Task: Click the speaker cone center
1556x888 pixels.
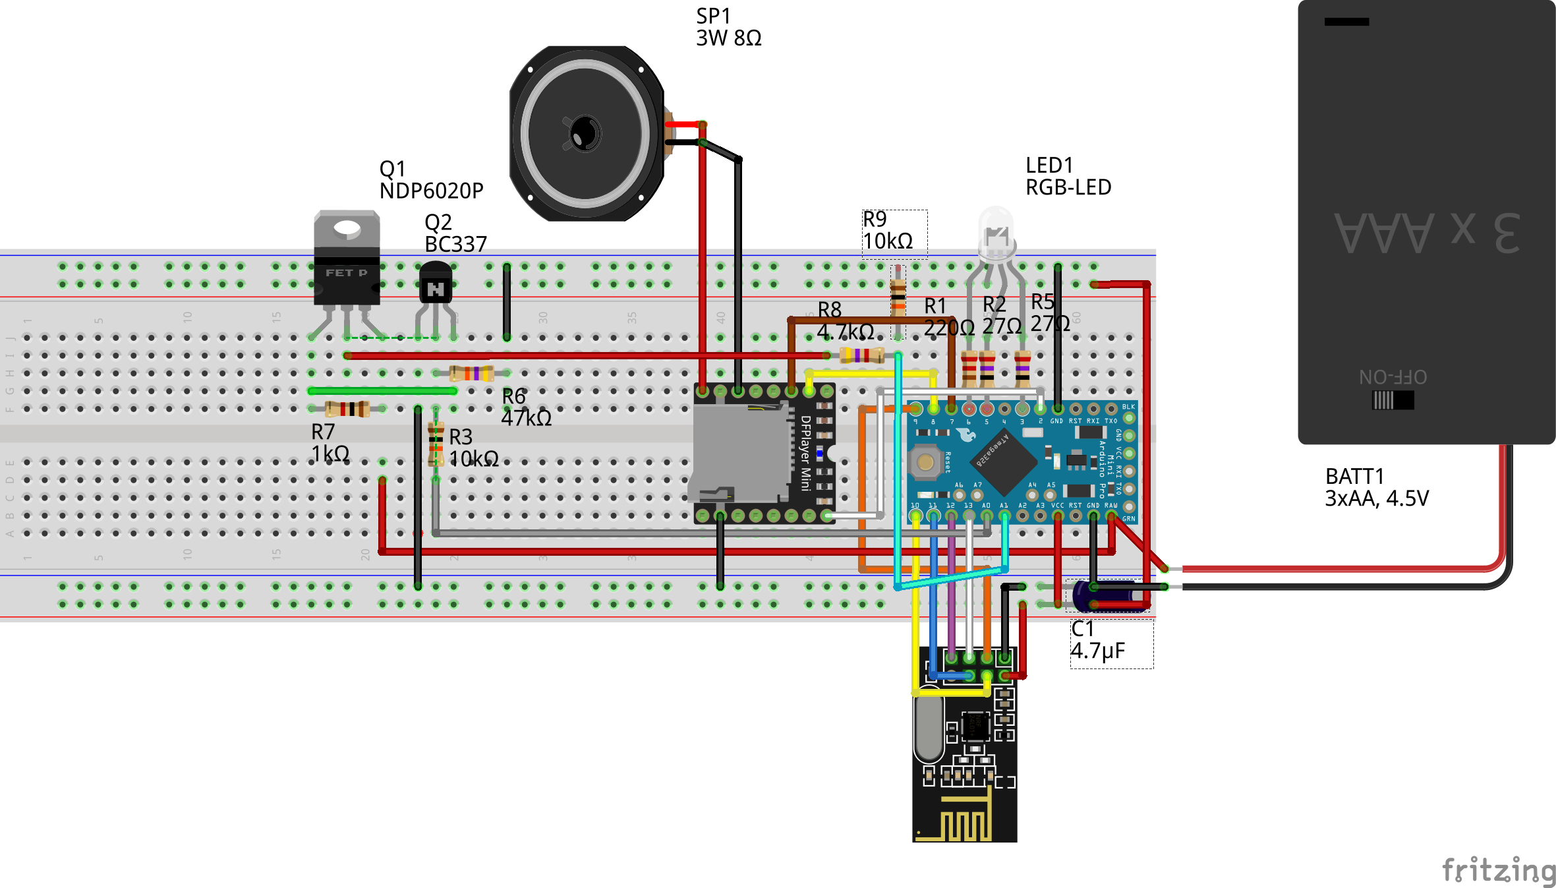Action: tap(585, 133)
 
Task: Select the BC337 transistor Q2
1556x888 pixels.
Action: tap(436, 284)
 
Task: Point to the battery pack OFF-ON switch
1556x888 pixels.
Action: tap(1393, 400)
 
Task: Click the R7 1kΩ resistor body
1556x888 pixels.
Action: tap(347, 409)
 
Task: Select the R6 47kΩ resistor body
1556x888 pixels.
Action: tap(472, 373)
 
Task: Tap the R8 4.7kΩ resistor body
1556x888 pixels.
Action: tap(861, 355)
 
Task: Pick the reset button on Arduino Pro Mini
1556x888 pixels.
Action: tap(925, 461)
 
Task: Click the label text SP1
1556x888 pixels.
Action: tap(713, 16)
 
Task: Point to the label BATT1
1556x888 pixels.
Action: tap(1354, 476)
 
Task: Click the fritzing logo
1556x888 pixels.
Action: tap(1498, 870)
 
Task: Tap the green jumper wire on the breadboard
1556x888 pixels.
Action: tap(382, 391)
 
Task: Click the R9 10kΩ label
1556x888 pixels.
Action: tap(888, 230)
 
